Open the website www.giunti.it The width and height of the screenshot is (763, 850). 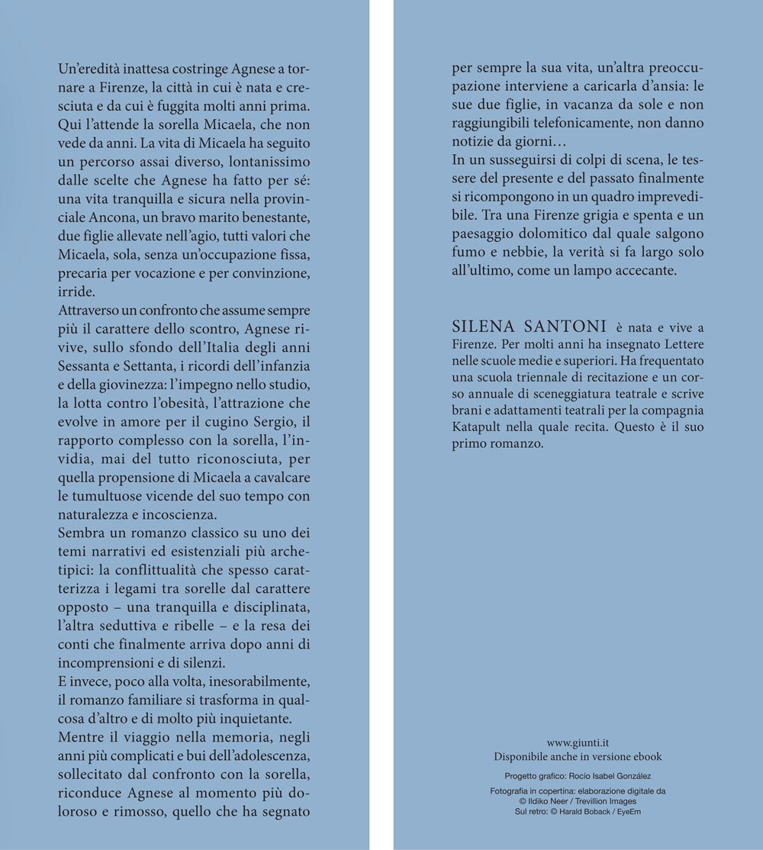(x=577, y=742)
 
